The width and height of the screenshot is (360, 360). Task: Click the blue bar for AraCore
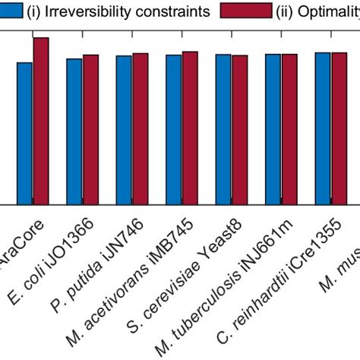tap(25, 134)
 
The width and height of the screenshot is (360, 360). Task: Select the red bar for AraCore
tap(41, 122)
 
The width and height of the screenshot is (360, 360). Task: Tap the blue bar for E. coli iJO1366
tap(74, 131)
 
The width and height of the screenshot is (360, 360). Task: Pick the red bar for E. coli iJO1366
tap(90, 130)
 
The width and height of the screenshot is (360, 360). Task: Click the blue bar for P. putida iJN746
tap(124, 130)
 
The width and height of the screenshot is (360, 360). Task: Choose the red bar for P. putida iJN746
tap(140, 129)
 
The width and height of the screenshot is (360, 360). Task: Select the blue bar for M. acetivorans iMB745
tap(174, 130)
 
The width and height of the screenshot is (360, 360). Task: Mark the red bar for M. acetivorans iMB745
tap(190, 128)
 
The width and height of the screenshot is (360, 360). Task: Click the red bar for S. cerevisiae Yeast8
tap(239, 130)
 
